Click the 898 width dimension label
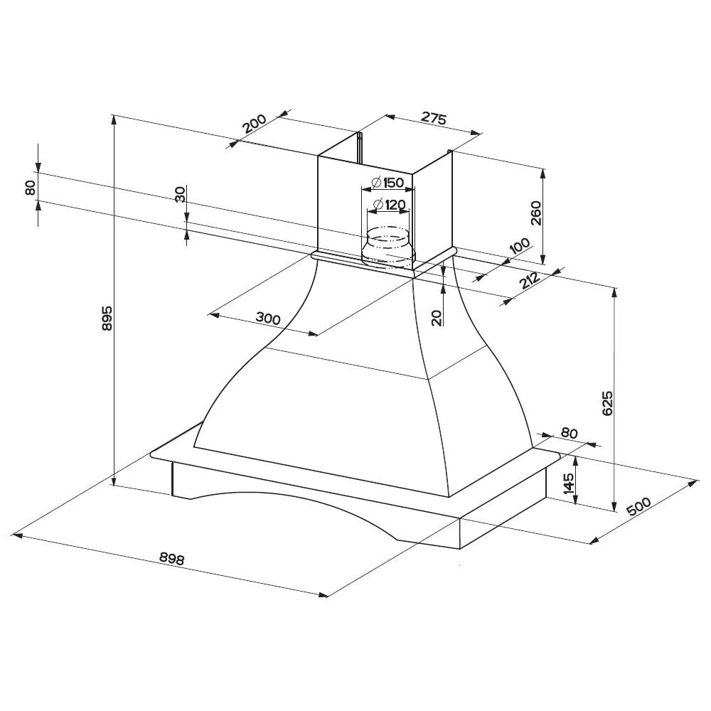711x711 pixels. [172, 558]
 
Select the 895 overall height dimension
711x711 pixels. [107, 319]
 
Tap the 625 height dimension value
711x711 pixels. [608, 402]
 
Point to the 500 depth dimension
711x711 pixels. [638, 506]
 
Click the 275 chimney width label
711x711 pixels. [434, 117]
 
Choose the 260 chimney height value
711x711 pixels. [536, 213]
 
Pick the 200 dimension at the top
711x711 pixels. [254, 124]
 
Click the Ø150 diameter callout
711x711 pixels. [387, 183]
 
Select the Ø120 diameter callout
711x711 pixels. [389, 205]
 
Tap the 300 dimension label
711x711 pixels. [268, 318]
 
